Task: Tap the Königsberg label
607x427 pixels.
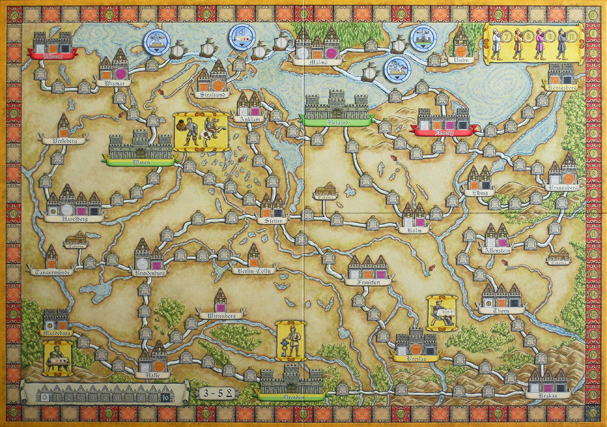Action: (561, 87)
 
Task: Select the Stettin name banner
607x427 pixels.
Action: (272, 220)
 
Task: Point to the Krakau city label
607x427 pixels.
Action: (548, 394)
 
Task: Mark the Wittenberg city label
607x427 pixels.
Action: (220, 316)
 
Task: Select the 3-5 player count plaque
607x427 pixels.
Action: (216, 393)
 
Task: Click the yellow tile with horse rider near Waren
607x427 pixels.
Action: (201, 131)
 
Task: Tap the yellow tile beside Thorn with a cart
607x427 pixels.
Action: (442, 313)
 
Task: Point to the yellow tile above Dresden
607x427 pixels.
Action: (290, 341)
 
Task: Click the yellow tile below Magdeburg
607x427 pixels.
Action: (58, 358)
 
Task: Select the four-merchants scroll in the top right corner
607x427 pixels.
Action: (533, 44)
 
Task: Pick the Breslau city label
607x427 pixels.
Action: (415, 358)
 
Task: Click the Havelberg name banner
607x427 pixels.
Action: (74, 218)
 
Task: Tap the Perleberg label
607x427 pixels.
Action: (63, 140)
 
